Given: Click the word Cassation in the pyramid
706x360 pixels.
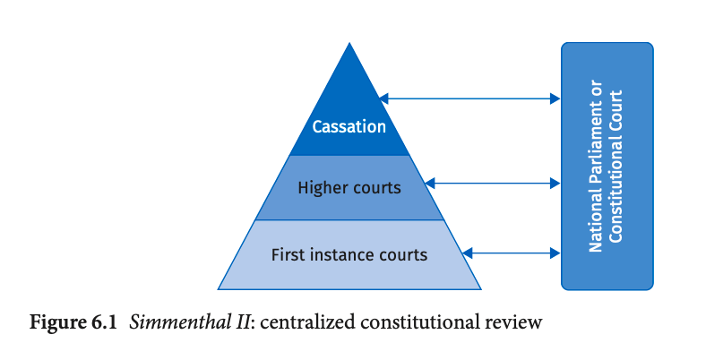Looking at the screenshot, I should coord(349,127).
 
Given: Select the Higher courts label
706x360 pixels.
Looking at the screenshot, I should coord(349,189).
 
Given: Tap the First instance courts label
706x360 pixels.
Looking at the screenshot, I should coord(349,254).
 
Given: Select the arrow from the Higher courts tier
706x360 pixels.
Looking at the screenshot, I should coord(492,184).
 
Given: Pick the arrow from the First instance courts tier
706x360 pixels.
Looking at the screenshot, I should coord(512,253).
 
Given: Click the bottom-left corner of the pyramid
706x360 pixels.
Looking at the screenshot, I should coord(218,289).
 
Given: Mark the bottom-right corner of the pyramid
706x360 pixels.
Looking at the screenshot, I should coord(480,289).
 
